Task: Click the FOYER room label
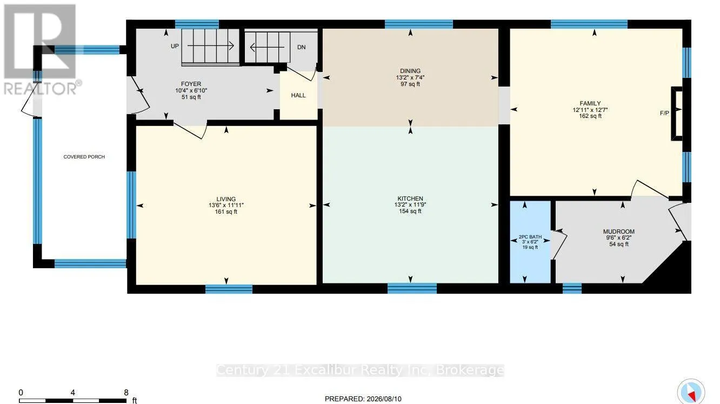(191, 84)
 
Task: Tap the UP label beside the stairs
(175, 47)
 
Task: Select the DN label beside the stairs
(301, 47)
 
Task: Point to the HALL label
(298, 96)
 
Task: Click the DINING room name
(410, 71)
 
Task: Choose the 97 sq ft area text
(410, 84)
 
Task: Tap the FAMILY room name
(590, 104)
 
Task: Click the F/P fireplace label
(664, 113)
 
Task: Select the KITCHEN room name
(410, 198)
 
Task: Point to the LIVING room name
(226, 199)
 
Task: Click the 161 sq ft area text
(226, 212)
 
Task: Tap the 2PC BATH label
(530, 237)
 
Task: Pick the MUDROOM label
(619, 231)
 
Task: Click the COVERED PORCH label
(84, 157)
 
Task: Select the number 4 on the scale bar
(73, 393)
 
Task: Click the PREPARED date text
(363, 399)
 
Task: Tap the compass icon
(691, 392)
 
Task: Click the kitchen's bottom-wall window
(412, 288)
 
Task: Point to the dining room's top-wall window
(419, 24)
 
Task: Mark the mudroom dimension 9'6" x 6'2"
(619, 238)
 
